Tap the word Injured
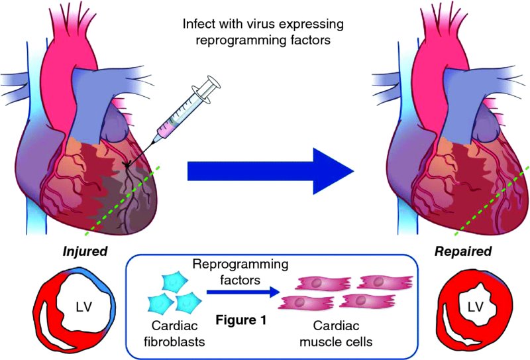coord(84,252)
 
